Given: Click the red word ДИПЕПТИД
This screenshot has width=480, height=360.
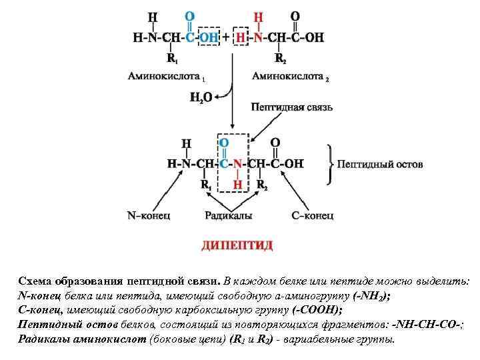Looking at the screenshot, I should pyautogui.click(x=237, y=245).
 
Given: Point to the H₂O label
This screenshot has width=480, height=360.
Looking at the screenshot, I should pyautogui.click(x=201, y=97).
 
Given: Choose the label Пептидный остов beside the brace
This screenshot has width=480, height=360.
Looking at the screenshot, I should pyautogui.click(x=379, y=164).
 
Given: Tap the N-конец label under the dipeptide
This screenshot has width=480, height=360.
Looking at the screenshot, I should pyautogui.click(x=148, y=215).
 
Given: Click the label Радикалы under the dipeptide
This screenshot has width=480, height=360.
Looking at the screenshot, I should pyautogui.click(x=228, y=215).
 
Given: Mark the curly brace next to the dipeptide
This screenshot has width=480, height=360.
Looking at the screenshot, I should pyautogui.click(x=329, y=163).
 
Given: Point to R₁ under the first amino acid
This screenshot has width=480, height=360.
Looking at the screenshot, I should pyautogui.click(x=172, y=59).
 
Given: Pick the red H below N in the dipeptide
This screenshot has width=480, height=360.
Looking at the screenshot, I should pyautogui.click(x=237, y=185).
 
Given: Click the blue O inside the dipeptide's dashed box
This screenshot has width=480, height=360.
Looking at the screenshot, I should pyautogui.click(x=224, y=143).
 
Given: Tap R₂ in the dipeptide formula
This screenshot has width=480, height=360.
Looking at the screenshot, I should pyautogui.click(x=261, y=185).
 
